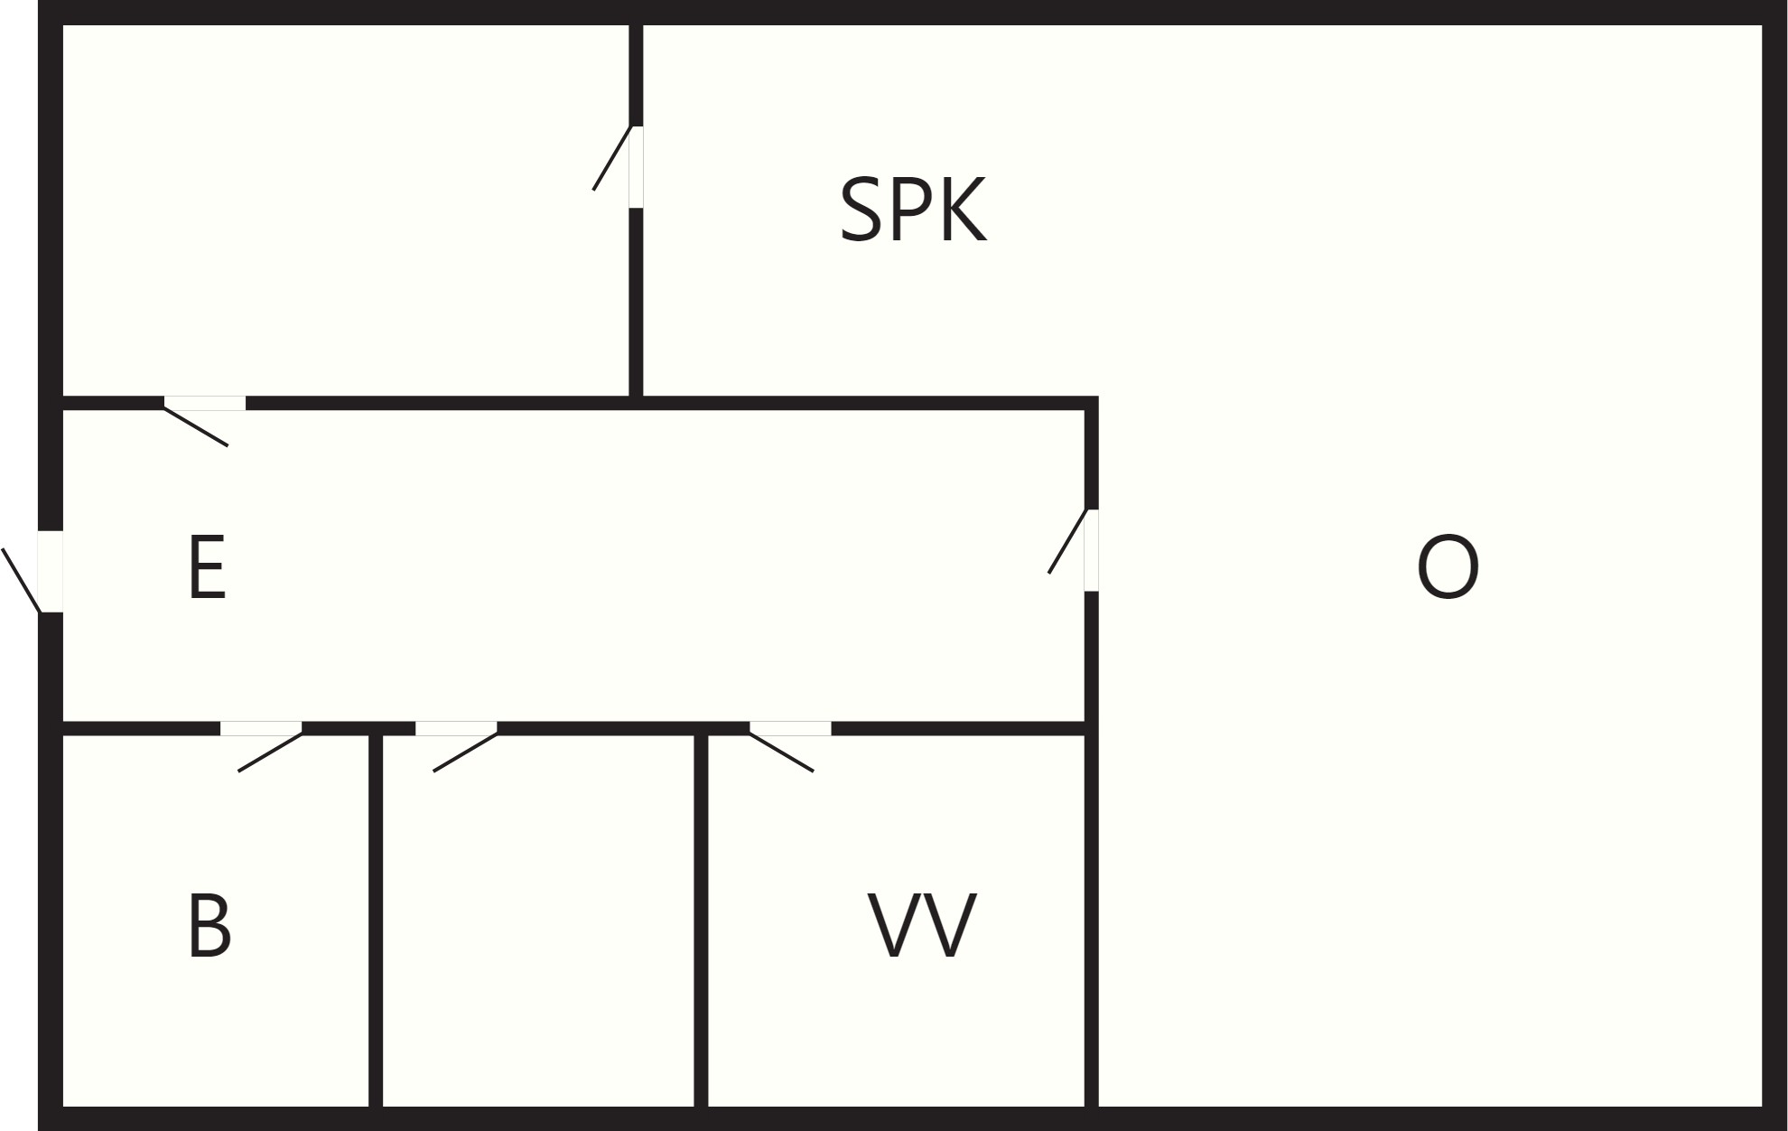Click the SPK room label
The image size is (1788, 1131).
(x=913, y=210)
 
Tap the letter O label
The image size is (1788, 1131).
(x=1448, y=566)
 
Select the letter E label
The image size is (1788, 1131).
(x=207, y=567)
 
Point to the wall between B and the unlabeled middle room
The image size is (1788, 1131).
(x=376, y=921)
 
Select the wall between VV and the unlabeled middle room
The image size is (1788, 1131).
(x=701, y=921)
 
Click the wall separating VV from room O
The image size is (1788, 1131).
(x=1091, y=921)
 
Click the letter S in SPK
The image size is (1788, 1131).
(x=860, y=210)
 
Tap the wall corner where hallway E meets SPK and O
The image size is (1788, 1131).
(x=1091, y=403)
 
